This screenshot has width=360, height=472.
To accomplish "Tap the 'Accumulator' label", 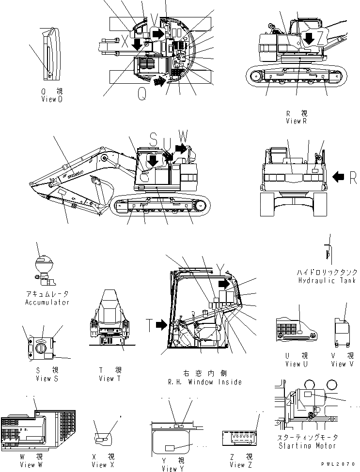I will [47, 302].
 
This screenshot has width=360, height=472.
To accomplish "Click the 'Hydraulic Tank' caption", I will [328, 281].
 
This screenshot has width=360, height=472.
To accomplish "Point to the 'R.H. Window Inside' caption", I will [205, 382].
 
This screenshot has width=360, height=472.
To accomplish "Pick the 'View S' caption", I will [47, 378].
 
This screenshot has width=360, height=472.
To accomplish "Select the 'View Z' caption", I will [237, 465].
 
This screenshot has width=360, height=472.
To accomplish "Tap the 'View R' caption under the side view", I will [297, 121].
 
